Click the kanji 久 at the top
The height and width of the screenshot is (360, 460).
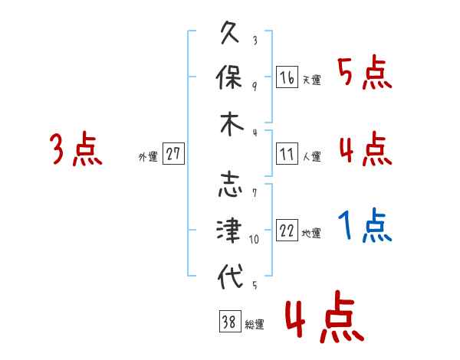coord(230,32)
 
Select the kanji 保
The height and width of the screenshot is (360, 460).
coord(228,77)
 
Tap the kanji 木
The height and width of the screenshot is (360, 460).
coord(232,124)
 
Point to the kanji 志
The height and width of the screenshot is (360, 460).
coord(230,185)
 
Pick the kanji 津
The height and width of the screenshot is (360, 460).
coord(229,230)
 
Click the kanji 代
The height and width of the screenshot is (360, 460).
coord(230,277)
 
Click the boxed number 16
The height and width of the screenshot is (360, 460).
coord(287,77)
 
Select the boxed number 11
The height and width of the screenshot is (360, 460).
coord(287,154)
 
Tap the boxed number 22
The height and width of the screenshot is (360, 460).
coord(287,230)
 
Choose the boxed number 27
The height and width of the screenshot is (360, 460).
coord(173,153)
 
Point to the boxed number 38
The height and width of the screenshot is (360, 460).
coord(230,321)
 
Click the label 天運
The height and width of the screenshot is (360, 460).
coord(312,80)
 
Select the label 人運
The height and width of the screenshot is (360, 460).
coord(312,156)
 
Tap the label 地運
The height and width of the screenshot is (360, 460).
coord(311,233)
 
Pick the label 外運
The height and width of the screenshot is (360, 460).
coord(148,156)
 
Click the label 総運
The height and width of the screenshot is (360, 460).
coord(255,324)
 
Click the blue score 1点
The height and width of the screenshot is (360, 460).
coord(365,225)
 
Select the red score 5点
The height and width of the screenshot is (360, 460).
coord(365,72)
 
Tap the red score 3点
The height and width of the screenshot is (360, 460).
coord(76,149)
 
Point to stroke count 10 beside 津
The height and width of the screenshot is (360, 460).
coord(254,240)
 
